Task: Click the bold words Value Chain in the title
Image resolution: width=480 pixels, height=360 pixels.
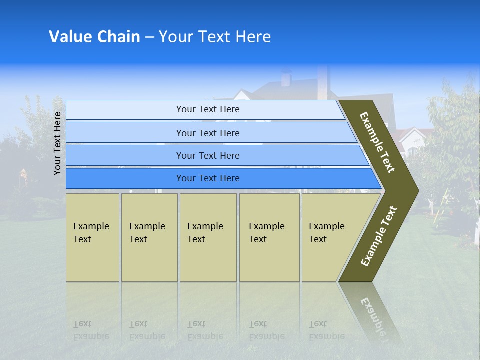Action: (x=94, y=37)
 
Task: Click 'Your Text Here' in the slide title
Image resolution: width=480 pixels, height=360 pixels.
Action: (x=215, y=37)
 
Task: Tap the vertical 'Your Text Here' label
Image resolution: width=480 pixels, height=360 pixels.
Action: (x=57, y=143)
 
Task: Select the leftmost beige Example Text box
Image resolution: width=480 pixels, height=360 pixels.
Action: (x=92, y=237)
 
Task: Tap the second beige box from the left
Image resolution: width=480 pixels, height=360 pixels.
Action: (x=149, y=237)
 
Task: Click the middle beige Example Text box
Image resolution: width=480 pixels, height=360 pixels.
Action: (x=208, y=237)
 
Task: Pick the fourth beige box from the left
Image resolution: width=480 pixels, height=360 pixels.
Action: (x=269, y=237)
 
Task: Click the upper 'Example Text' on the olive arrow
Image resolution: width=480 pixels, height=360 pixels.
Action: (x=377, y=142)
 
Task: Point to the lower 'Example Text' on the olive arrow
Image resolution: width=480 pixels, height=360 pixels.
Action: (x=379, y=236)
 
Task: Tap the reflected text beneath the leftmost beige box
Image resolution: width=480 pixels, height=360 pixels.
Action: (x=91, y=330)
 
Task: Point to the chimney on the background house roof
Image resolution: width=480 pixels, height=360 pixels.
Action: (x=286, y=78)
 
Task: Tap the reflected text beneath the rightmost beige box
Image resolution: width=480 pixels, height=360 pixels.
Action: (x=326, y=330)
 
